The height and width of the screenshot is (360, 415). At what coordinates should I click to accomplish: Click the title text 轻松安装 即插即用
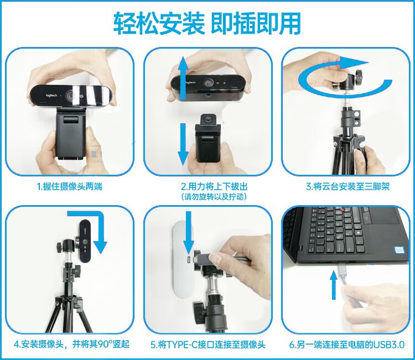207,24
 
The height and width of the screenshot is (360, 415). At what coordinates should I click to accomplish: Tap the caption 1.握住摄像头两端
69,187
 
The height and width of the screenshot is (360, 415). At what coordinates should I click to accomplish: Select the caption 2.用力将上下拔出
214,187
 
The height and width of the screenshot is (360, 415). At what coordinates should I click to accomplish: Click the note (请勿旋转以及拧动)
214,196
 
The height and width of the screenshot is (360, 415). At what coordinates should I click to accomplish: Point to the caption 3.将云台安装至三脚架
348,187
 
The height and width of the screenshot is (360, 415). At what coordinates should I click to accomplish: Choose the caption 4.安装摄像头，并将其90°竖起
71,345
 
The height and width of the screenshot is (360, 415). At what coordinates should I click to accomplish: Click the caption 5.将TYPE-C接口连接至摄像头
207,345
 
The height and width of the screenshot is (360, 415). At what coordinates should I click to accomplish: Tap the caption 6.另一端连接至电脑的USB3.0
347,345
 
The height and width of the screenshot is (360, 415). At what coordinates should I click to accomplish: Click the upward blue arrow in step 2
183,79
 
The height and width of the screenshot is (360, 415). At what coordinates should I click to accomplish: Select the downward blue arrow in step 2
183,144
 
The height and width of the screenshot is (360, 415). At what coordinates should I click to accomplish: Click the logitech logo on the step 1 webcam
51,95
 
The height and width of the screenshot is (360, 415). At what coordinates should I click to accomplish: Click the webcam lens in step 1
71,95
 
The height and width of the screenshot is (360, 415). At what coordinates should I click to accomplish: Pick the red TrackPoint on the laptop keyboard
343,210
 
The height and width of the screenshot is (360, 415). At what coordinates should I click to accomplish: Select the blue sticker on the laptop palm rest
400,250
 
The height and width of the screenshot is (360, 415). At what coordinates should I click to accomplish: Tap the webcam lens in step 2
207,83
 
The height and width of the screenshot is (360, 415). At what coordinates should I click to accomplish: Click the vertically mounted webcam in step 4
85,241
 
